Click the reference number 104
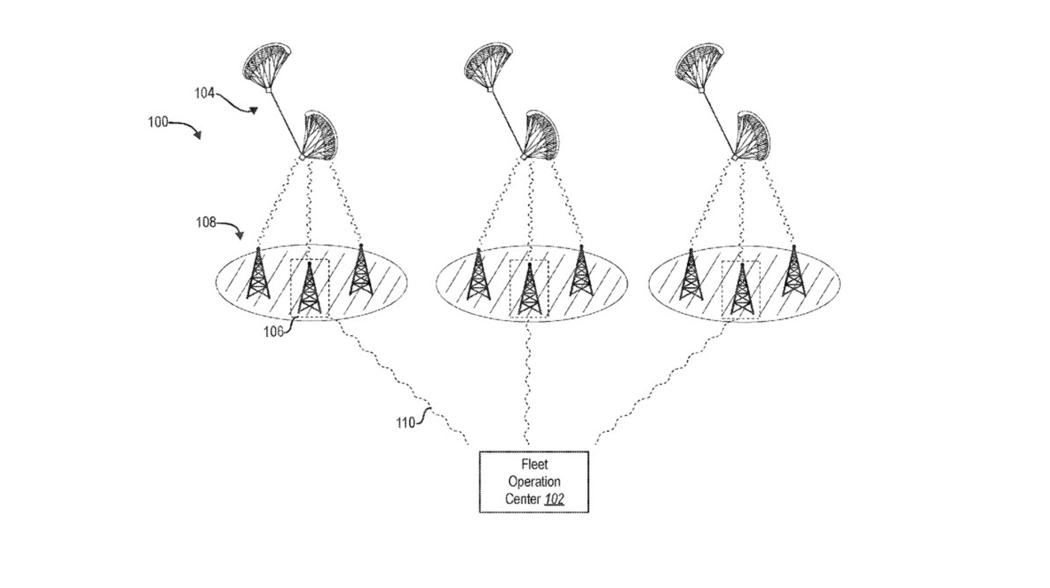point(204,93)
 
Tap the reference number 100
point(158,122)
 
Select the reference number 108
point(206,223)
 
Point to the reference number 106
point(273,332)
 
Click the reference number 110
point(405,423)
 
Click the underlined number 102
point(554,499)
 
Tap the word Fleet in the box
point(534,464)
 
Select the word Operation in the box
point(534,481)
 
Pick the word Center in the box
point(522,499)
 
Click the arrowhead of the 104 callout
point(254,111)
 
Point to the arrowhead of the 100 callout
point(198,136)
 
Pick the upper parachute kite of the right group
point(699,66)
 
